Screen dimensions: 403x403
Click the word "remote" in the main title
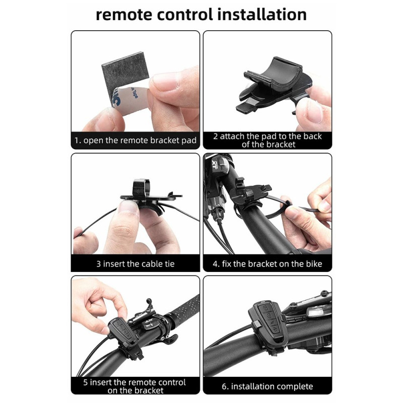point(124,15)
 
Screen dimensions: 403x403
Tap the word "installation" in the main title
point(262,15)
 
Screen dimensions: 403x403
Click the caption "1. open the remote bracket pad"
point(136,141)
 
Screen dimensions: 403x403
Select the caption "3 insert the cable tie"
point(136,263)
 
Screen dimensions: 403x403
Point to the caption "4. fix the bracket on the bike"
point(267,263)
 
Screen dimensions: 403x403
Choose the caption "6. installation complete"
point(267,386)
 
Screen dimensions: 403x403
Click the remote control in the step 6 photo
point(268,324)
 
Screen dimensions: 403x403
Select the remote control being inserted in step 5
point(121,331)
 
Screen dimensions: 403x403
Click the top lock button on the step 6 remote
point(265,308)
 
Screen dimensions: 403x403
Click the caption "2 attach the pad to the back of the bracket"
point(267,140)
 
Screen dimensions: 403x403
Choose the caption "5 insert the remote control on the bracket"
point(135,386)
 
